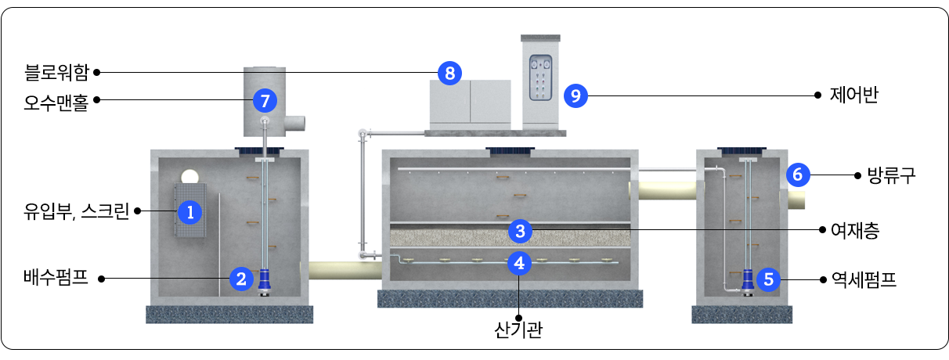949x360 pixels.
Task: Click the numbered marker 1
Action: [x=189, y=211]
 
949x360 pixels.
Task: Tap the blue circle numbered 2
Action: [x=242, y=277]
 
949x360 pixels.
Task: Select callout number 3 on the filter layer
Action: [x=519, y=230]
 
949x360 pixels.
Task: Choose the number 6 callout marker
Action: [x=797, y=175]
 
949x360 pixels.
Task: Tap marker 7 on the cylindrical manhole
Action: [x=265, y=100]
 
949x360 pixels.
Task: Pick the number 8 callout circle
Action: [x=449, y=73]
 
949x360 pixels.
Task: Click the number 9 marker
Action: [x=576, y=95]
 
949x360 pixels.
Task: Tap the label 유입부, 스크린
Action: [x=76, y=211]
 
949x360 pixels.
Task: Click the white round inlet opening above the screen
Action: [x=190, y=176]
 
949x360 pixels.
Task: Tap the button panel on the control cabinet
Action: [x=540, y=77]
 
